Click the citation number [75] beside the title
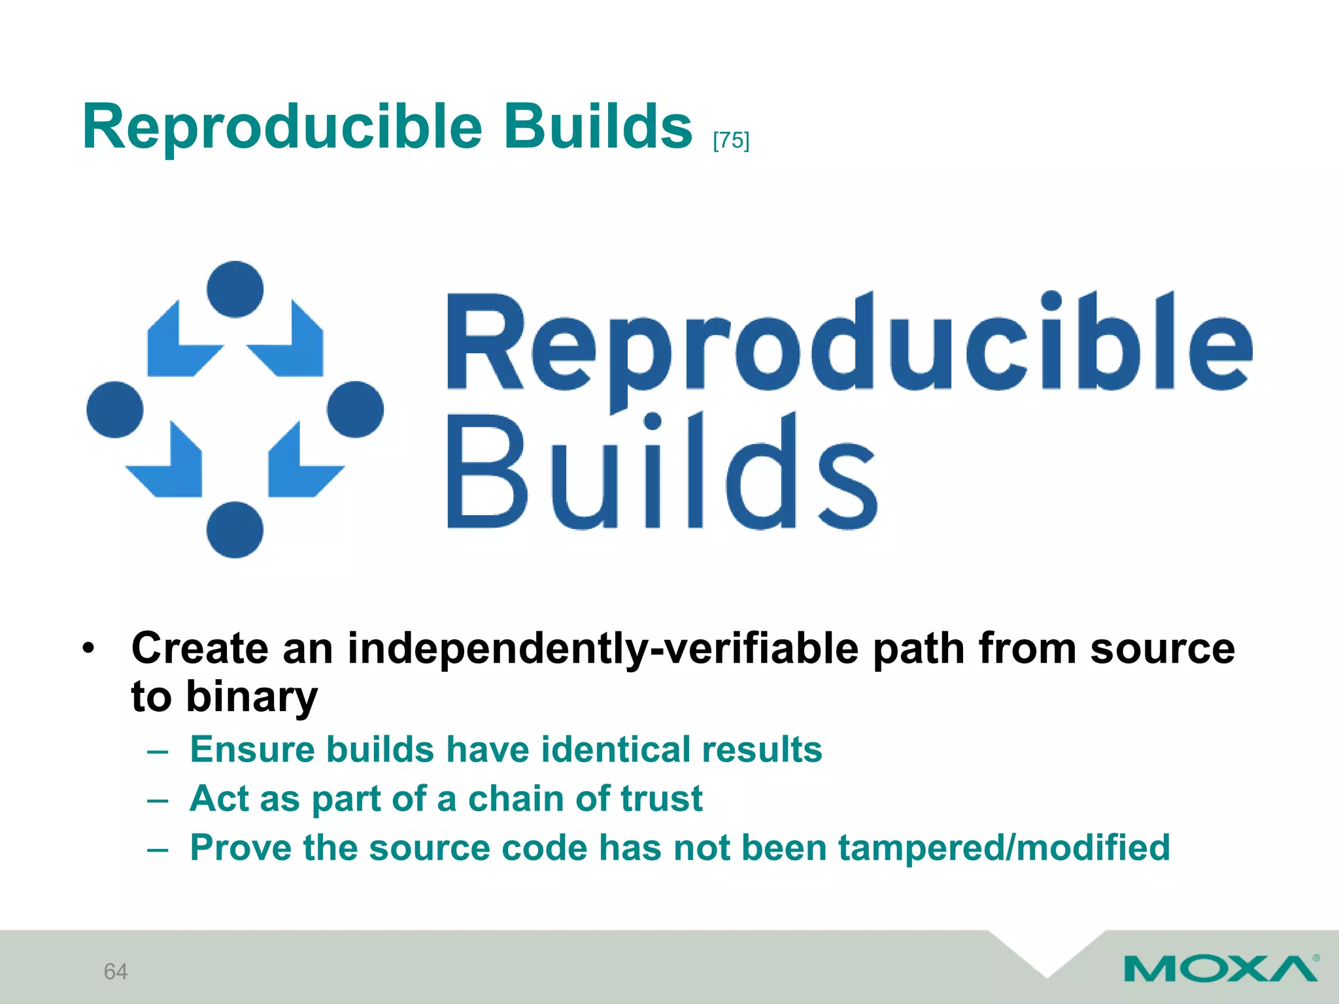pos(731,141)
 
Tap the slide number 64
pos(116,971)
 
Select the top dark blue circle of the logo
pos(235,290)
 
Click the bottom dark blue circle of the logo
pos(235,529)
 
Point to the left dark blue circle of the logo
pos(115,410)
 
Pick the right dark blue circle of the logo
pos(355,410)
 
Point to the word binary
pos(252,697)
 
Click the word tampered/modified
pos(1004,848)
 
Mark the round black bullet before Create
pos(88,649)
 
